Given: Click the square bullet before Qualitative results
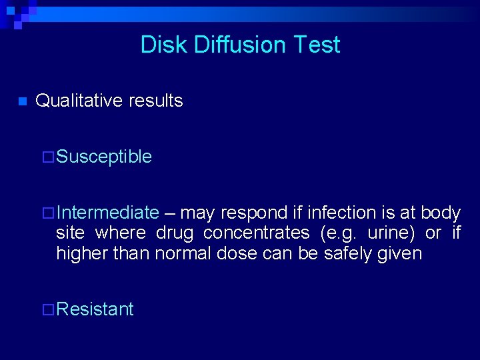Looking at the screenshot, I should pyautogui.click(x=21, y=102).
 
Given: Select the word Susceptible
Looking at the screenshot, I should pyautogui.click(x=104, y=157).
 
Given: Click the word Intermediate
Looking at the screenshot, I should pyautogui.click(x=107, y=213).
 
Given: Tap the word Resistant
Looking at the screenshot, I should pyautogui.click(x=95, y=309).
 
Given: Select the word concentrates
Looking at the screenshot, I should pyautogui.click(x=257, y=233).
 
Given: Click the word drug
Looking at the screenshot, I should pyautogui.click(x=175, y=233).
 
